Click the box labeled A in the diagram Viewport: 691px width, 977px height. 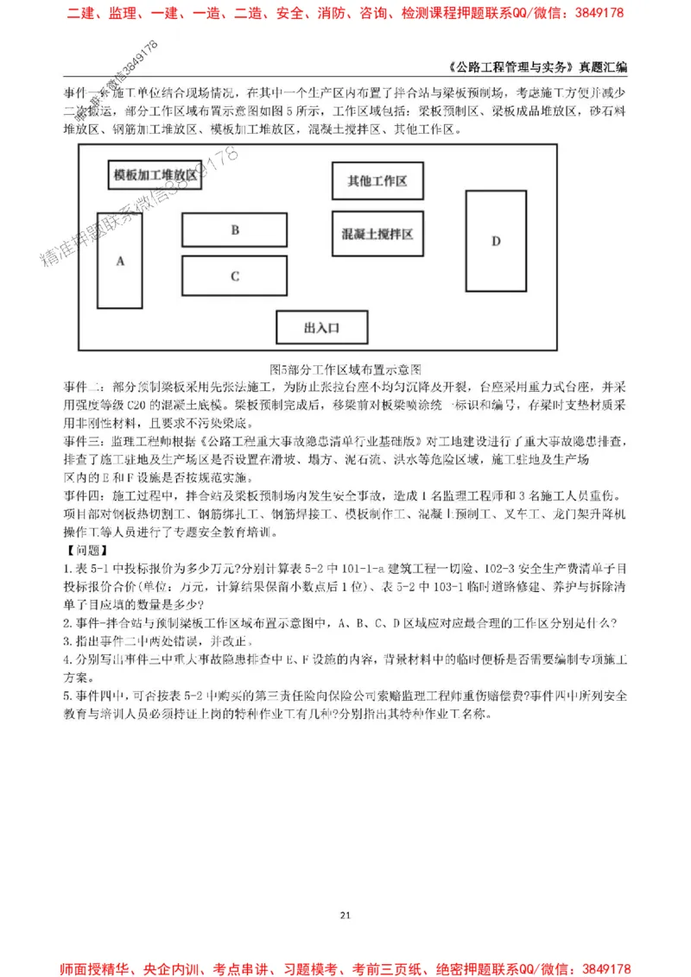[x=120, y=260]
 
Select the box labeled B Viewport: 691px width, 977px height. [x=234, y=230]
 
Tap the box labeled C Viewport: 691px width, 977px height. [x=234, y=276]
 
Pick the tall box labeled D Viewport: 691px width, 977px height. [x=496, y=241]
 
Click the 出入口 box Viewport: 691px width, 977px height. [x=321, y=328]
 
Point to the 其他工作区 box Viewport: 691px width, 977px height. [x=377, y=181]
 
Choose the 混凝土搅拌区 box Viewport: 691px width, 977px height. [x=377, y=234]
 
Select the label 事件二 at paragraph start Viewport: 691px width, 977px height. [x=83, y=384]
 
